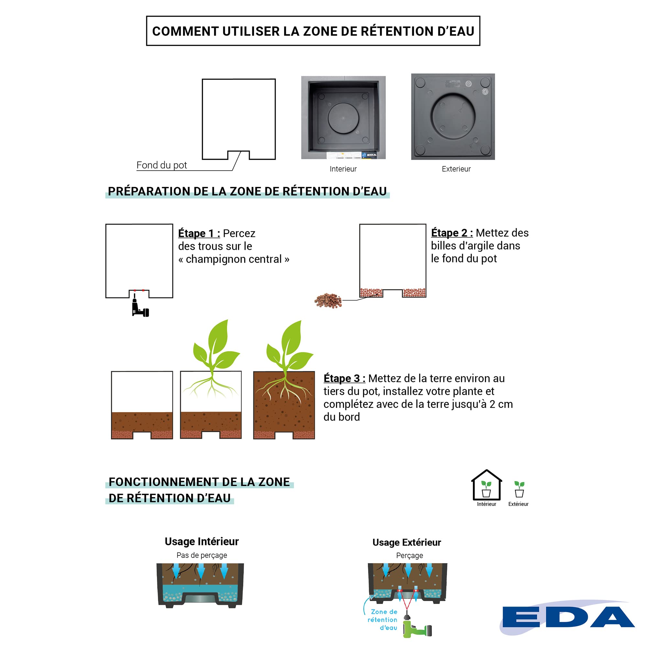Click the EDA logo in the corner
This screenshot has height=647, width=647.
point(568,617)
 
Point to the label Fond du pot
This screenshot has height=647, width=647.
point(161,165)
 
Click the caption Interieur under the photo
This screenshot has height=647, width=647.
point(343,169)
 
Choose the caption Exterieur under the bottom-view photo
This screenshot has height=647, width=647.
point(456,169)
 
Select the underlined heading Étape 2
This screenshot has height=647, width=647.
point(452,233)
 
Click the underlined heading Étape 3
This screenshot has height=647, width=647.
point(344,378)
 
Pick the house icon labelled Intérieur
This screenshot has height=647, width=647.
point(486,486)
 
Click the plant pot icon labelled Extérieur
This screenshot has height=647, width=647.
point(519,489)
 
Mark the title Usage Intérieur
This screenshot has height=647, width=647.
point(202,542)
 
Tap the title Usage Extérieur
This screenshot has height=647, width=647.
point(407,543)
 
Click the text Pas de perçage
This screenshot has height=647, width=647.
point(202,555)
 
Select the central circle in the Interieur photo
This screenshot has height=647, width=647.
point(343,118)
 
